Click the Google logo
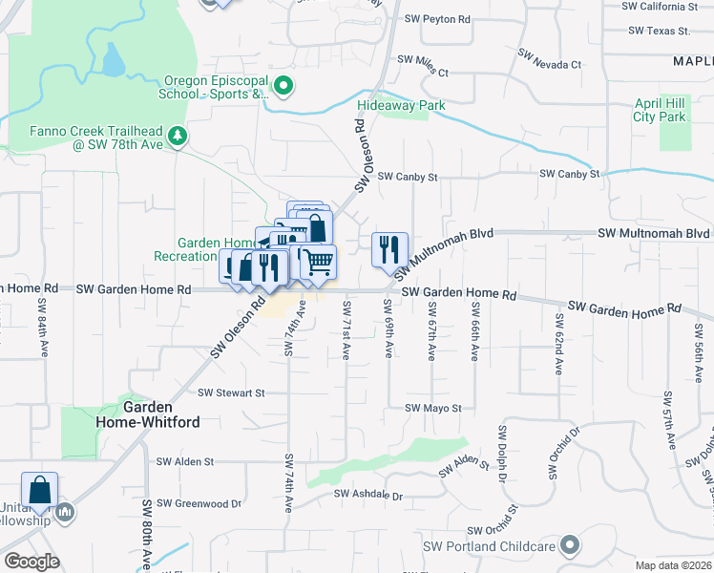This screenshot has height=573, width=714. click(x=31, y=562)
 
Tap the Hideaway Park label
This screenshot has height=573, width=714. click(x=402, y=104)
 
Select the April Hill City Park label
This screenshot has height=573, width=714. click(x=660, y=110)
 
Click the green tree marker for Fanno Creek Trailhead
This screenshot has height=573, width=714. click(x=177, y=138)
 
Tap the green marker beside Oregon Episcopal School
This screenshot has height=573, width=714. click(x=284, y=87)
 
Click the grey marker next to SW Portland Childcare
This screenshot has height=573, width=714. click(x=570, y=546)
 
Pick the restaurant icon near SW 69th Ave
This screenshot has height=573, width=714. click(x=389, y=249)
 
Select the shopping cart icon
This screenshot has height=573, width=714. click(x=318, y=261)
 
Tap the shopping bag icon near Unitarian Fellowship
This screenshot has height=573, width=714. click(x=39, y=489)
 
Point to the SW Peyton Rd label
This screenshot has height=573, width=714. click(x=437, y=19)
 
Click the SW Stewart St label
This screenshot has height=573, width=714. click(x=230, y=393)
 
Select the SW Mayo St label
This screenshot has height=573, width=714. click(x=432, y=408)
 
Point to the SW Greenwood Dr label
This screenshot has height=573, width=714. click(x=199, y=503)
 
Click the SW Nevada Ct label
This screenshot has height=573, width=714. click(x=549, y=64)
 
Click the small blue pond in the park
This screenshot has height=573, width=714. click(x=113, y=63)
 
